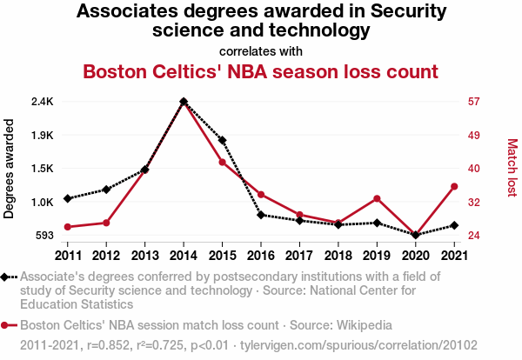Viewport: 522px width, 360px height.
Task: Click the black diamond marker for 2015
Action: point(223,140)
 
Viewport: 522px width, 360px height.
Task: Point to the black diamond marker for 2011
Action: point(68,198)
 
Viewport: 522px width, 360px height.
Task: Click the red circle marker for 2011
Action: point(68,227)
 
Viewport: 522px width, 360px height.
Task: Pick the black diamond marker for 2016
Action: point(261,215)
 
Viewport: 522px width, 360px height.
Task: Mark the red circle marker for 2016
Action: point(261,194)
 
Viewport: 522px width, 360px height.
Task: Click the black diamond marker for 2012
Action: point(106,189)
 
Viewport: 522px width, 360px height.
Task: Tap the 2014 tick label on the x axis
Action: point(184,255)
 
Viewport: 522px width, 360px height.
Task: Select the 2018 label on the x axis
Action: point(338,255)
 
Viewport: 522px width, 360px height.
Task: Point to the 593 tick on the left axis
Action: point(45,236)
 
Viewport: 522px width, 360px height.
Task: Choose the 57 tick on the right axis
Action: point(474,102)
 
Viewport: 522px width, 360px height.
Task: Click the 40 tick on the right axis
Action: point(474,169)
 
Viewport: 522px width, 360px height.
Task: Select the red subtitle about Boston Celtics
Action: point(260,70)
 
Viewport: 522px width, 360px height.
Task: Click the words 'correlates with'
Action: point(260,50)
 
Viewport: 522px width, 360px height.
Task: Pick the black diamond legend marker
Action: point(7,277)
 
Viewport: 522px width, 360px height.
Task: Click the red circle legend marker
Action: point(7,325)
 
